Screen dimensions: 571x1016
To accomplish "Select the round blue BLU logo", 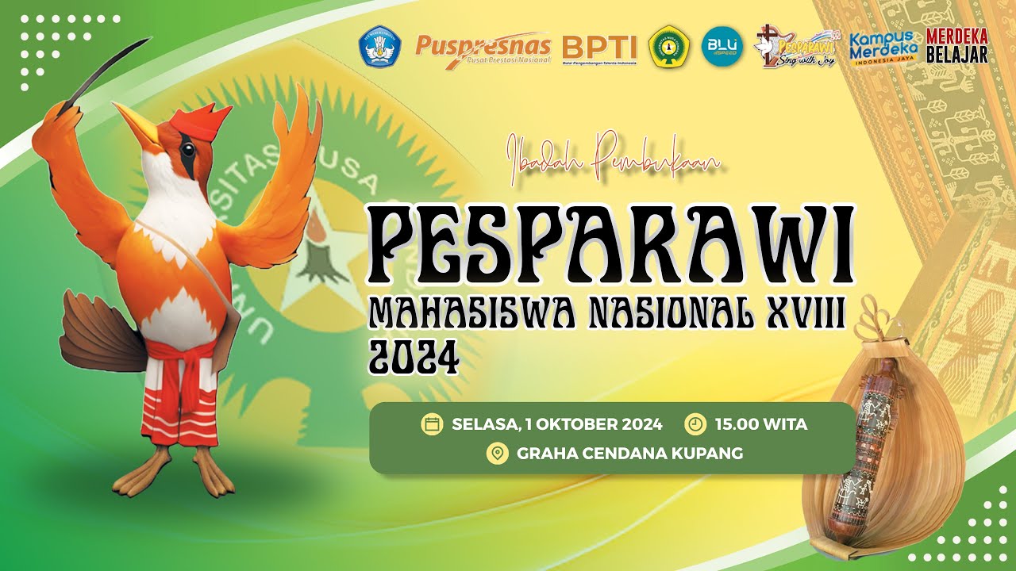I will (722, 46).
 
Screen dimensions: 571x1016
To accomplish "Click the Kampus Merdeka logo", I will (884, 47).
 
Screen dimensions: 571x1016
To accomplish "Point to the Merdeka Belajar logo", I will (957, 46).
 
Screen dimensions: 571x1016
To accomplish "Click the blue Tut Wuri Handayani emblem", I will (382, 48).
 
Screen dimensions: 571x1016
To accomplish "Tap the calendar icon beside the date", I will (432, 424).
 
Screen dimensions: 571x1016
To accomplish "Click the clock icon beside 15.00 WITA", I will (695, 424).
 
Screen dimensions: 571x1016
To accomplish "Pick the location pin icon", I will (498, 454).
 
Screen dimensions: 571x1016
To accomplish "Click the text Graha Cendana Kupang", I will (629, 454).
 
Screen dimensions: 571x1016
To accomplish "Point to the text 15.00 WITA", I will (760, 424).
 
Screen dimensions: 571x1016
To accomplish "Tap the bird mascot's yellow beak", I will (140, 128).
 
